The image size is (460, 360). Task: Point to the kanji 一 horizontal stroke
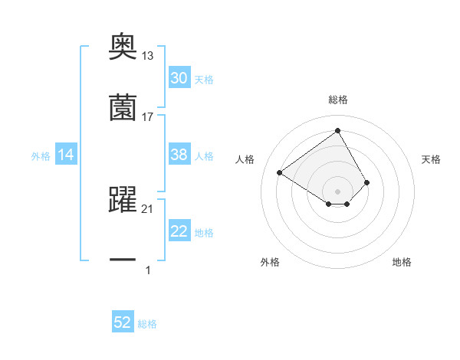(x=123, y=260)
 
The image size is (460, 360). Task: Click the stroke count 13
(x=148, y=56)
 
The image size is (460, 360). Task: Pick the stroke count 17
(x=148, y=116)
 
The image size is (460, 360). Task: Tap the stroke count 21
(x=148, y=209)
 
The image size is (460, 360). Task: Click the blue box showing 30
(x=179, y=78)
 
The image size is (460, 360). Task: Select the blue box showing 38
(x=179, y=155)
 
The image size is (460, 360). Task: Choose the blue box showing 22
(x=179, y=231)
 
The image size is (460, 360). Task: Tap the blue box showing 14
(x=66, y=155)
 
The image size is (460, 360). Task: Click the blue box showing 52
(x=123, y=323)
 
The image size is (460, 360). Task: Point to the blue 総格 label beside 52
(x=147, y=324)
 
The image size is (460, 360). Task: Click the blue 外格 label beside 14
(x=41, y=155)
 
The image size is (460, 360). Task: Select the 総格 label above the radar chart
(x=337, y=100)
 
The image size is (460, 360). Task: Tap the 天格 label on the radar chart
(x=431, y=159)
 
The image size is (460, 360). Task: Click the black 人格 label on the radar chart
(x=245, y=159)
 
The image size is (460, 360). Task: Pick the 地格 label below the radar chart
(x=402, y=262)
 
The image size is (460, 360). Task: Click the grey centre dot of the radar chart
(x=337, y=191)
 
